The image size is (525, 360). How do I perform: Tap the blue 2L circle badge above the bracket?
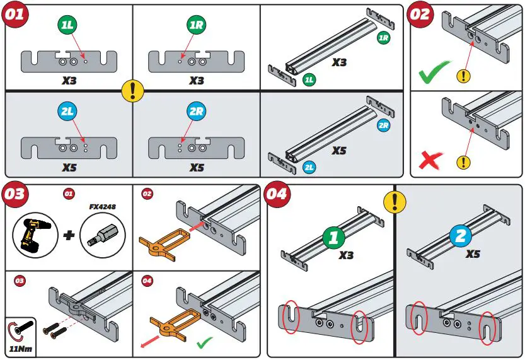click(68, 112)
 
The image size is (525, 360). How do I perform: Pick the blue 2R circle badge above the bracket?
click(196, 112)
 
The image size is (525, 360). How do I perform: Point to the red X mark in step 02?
click(430, 160)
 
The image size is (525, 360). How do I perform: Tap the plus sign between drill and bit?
click(69, 235)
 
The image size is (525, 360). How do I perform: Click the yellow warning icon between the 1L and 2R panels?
click(132, 91)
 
